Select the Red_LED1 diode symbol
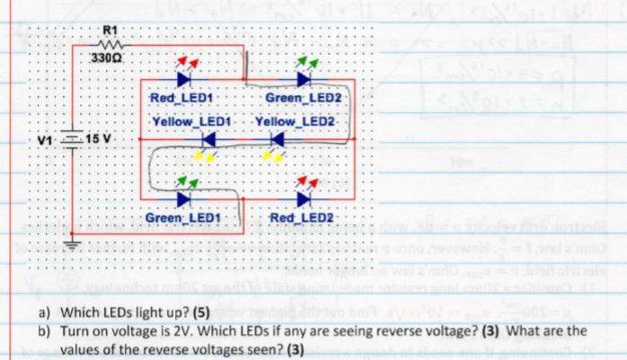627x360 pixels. (184, 78)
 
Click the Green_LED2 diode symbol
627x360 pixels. (303, 78)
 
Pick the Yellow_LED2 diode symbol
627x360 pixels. (277, 139)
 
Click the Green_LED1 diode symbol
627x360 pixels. (185, 198)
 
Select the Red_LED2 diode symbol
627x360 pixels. (303, 198)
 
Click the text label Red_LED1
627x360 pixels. (181, 97)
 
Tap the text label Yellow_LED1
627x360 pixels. (193, 119)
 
